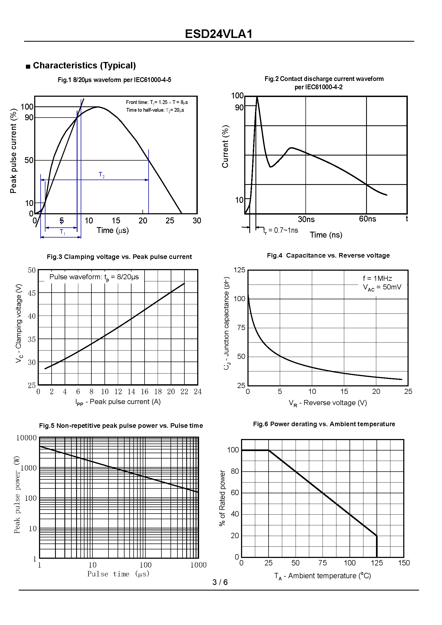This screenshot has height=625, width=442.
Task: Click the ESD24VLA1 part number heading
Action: (219, 34)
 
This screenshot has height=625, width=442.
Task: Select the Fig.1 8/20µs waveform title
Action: (114, 80)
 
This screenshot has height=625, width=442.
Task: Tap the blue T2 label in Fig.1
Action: (102, 175)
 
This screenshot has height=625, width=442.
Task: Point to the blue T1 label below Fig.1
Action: (63, 232)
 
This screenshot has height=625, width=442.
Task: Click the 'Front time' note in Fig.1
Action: (157, 102)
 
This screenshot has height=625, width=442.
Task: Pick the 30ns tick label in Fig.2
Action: (306, 219)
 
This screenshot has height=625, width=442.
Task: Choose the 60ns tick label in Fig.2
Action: (367, 219)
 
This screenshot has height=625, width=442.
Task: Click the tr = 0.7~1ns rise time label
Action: (281, 231)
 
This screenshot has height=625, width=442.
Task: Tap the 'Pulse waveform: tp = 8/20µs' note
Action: (94, 277)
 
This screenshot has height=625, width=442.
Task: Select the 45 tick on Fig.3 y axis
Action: (32, 293)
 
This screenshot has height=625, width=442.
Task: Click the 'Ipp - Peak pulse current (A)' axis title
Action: (118, 402)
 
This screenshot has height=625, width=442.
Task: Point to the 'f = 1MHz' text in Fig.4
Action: (377, 278)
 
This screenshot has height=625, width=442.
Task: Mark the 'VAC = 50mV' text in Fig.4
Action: (382, 287)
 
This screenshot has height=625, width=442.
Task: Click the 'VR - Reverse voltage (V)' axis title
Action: (328, 403)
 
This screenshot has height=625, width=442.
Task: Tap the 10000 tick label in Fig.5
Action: (26, 438)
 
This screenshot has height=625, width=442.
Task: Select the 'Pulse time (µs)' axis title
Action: (118, 574)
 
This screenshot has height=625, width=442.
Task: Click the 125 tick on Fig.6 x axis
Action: (377, 563)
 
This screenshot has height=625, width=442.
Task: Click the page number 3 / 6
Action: (220, 582)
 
